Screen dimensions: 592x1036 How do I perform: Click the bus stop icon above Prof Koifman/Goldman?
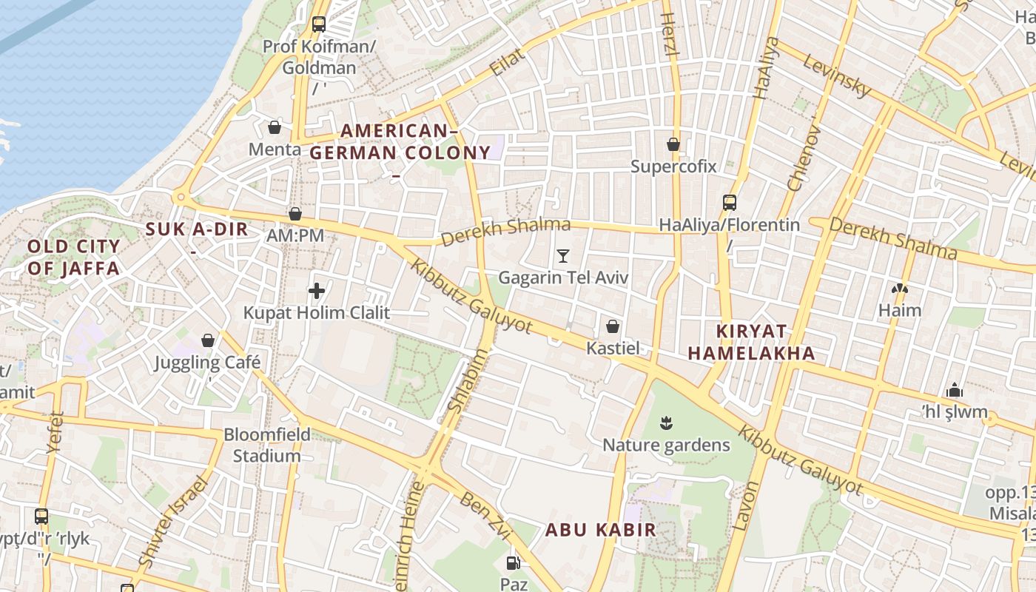tap(319, 24)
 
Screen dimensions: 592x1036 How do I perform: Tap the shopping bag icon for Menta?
tap(275, 127)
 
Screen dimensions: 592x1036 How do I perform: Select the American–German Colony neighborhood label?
tap(400, 143)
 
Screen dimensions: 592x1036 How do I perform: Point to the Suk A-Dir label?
tap(197, 229)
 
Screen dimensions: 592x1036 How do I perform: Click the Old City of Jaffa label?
tap(73, 258)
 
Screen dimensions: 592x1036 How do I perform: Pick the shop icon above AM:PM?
tap(295, 214)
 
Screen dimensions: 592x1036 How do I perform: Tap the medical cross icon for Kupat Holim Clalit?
tap(317, 291)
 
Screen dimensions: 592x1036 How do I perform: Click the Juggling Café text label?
tap(208, 363)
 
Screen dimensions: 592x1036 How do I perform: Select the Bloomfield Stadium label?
tap(267, 445)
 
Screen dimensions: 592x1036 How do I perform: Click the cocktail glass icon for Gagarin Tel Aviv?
tap(563, 256)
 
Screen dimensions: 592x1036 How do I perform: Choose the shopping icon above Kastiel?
tap(613, 326)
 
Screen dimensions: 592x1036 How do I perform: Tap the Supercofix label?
tap(673, 166)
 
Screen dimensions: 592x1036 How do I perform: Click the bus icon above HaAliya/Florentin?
tap(730, 202)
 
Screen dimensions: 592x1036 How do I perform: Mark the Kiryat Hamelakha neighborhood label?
tap(752, 342)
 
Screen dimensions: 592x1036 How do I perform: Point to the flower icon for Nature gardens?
tap(667, 423)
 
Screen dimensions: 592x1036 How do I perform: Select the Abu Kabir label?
tap(601, 530)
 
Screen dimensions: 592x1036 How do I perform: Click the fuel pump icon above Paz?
tap(514, 563)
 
